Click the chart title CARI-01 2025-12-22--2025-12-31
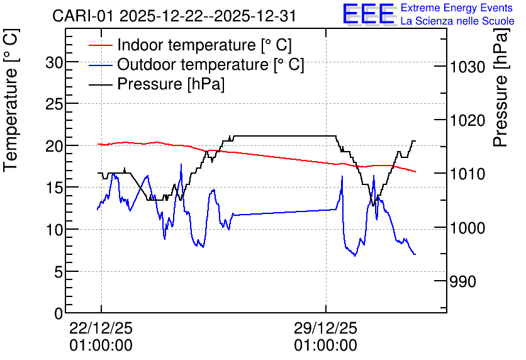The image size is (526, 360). click(174, 16)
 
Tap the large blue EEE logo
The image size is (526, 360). click(369, 14)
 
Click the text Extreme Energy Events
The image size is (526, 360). click(457, 8)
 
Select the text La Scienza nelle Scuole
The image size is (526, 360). click(457, 21)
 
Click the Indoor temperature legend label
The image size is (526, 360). click(204, 45)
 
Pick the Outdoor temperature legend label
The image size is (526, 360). click(211, 64)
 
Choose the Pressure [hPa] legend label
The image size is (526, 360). click(171, 84)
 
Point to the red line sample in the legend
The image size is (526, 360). click(100, 45)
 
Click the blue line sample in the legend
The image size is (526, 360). click(100, 65)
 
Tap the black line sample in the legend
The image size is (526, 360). click(100, 84)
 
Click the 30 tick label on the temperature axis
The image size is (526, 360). click(54, 62)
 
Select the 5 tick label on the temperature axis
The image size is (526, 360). click(59, 272)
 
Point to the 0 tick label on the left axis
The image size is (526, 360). click(59, 313)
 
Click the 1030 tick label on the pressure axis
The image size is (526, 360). click(467, 67)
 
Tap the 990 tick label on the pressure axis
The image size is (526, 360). click(462, 281)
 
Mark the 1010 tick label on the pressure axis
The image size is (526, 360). click(467, 174)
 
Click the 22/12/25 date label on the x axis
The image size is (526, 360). click(101, 328)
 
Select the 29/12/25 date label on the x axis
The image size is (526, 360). click(326, 328)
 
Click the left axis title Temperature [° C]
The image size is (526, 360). click(11, 100)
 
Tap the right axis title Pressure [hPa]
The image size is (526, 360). click(500, 87)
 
